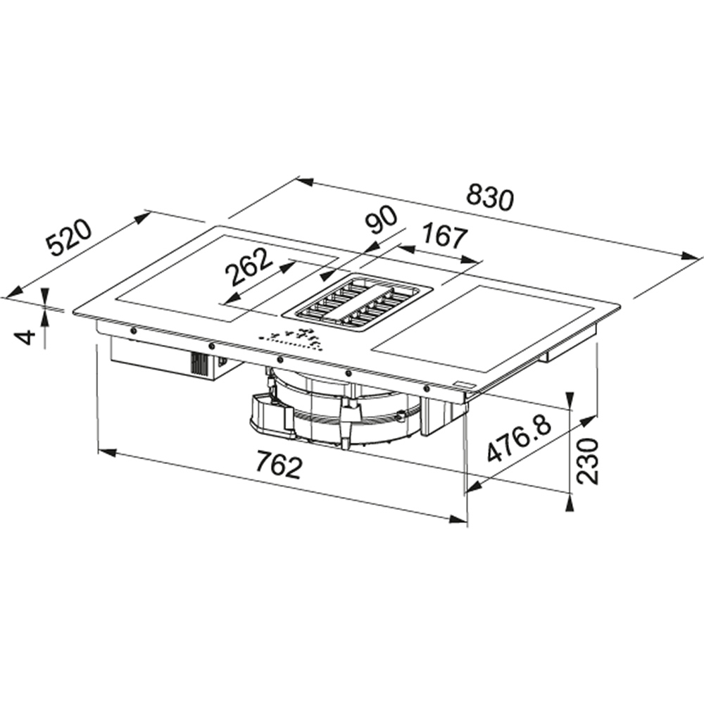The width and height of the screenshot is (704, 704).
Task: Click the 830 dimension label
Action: pyautogui.click(x=489, y=199)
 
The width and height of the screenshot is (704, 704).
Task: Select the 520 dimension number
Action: pyautogui.click(x=70, y=239)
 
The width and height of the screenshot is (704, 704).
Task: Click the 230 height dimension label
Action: pyautogui.click(x=587, y=461)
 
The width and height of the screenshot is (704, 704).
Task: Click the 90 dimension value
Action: pyautogui.click(x=381, y=219)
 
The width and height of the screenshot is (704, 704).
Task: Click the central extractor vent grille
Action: pyautogui.click(x=358, y=304)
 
